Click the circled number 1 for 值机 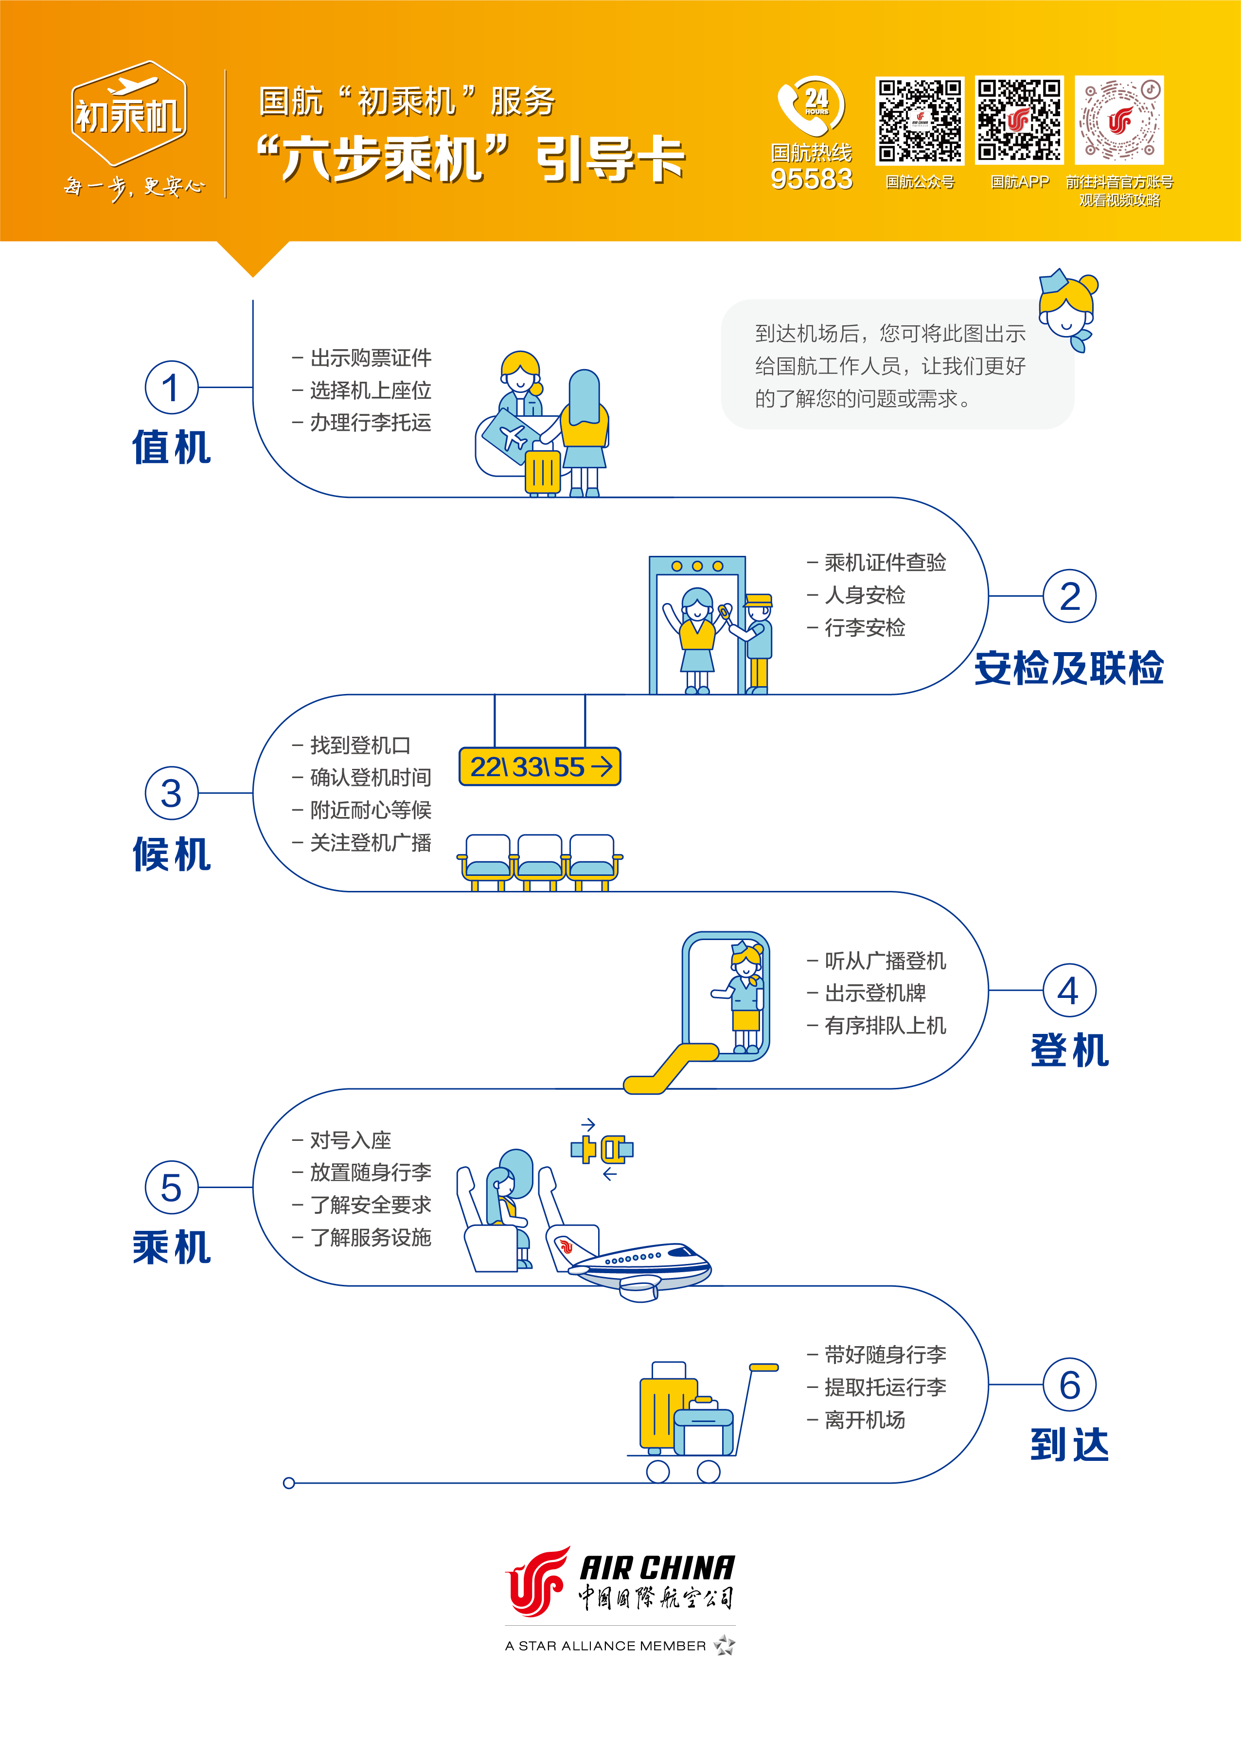click(x=171, y=388)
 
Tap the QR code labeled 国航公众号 click(x=919, y=120)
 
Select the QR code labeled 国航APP click(x=1019, y=120)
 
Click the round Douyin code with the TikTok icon click(x=1119, y=120)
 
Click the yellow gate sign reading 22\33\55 click(x=539, y=766)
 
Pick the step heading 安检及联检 click(x=1068, y=668)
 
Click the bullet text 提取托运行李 click(x=885, y=1387)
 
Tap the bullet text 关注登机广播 click(x=371, y=842)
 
